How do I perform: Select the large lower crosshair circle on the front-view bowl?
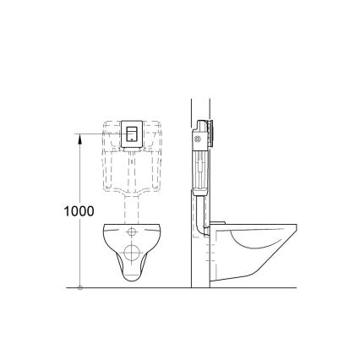point(133,252)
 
